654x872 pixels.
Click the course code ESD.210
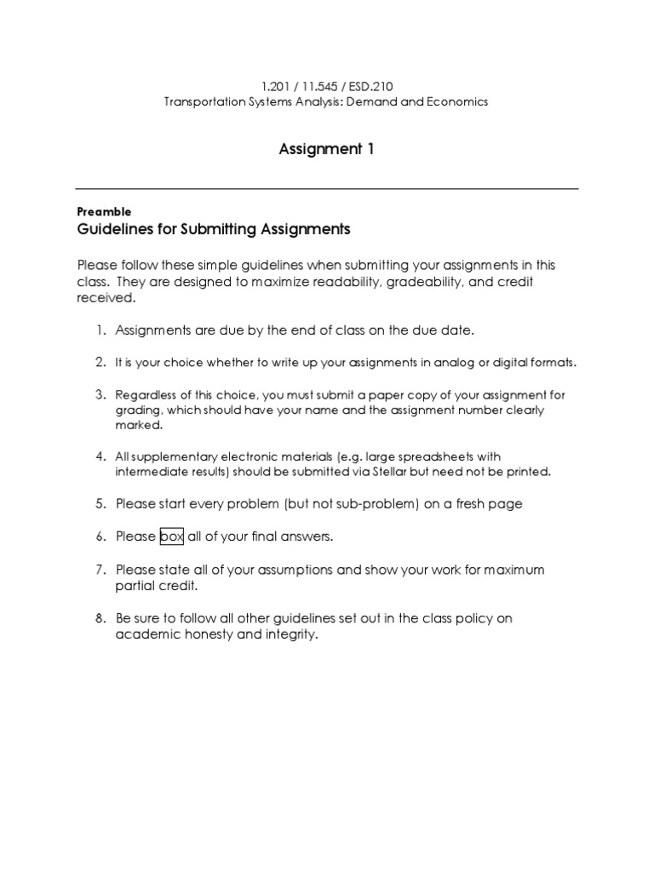(372, 86)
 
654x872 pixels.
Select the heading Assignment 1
(327, 150)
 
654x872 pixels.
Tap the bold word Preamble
(103, 211)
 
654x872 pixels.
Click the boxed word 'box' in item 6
(171, 536)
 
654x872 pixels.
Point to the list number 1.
(100, 330)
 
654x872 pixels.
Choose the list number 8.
(100, 618)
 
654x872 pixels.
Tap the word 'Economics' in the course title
(459, 101)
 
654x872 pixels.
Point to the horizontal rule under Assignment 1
(327, 188)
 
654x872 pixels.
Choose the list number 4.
(100, 456)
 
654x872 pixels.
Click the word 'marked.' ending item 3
(139, 424)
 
